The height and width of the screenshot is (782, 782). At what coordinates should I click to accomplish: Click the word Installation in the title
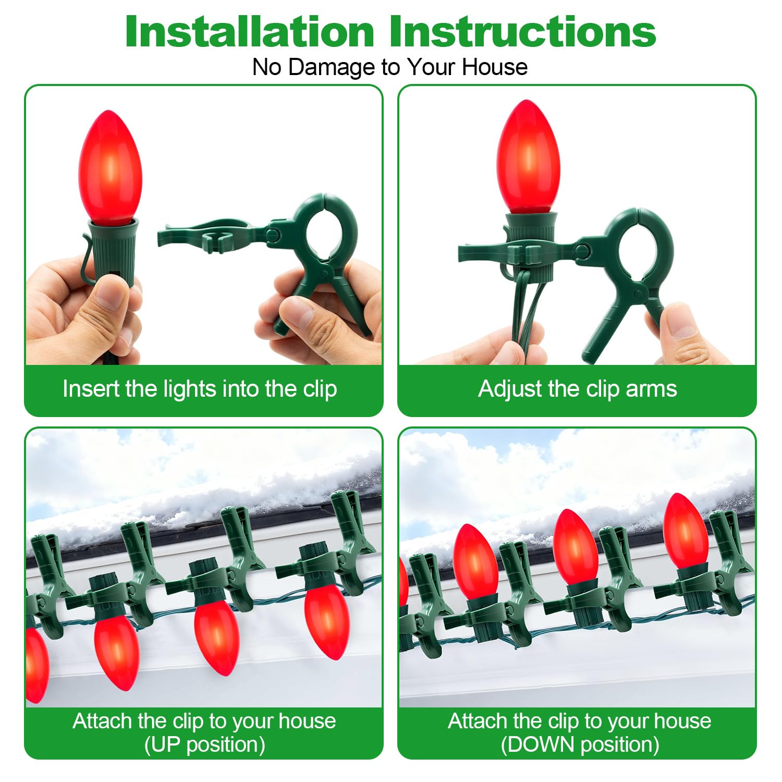[x=250, y=32]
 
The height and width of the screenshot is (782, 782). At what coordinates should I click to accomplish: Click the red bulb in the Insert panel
[x=110, y=166]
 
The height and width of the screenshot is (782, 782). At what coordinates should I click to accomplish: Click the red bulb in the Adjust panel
[x=528, y=156]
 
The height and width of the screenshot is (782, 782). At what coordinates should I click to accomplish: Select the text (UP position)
[x=204, y=744]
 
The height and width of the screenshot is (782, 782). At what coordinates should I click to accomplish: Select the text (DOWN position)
[x=580, y=744]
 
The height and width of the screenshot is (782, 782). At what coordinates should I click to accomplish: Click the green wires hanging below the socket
[x=529, y=313]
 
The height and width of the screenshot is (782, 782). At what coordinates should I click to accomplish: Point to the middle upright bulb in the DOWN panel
[x=576, y=547]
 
